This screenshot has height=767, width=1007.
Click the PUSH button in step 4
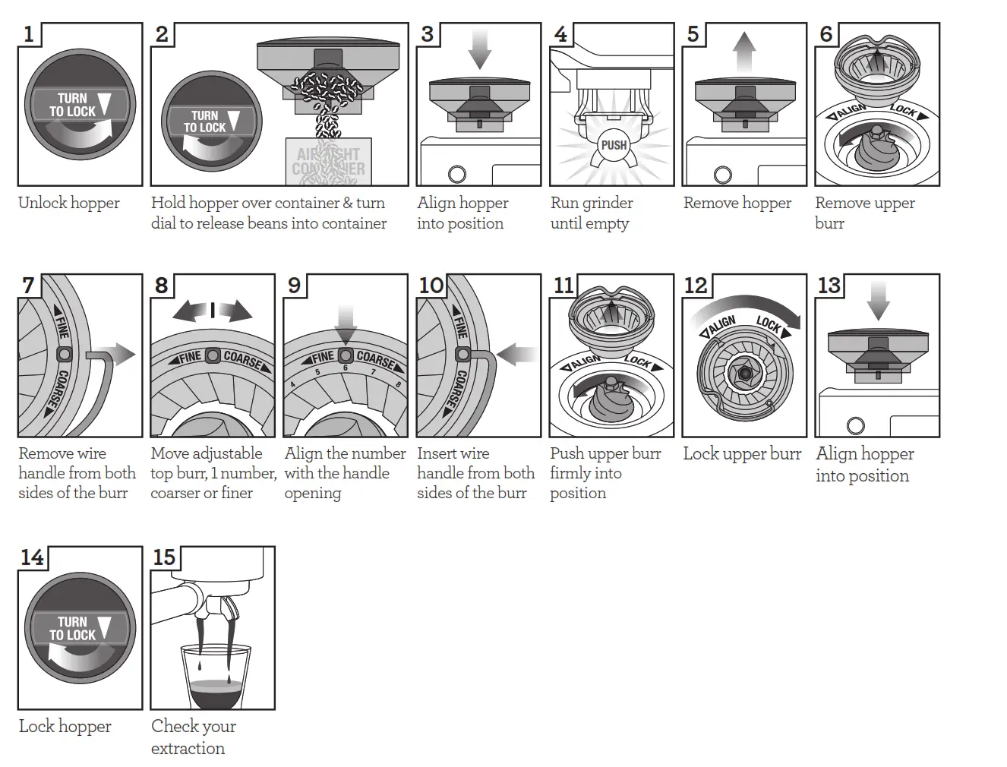tap(614, 145)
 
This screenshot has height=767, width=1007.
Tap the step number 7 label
tap(28, 286)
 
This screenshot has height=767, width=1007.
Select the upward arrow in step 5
tap(745, 51)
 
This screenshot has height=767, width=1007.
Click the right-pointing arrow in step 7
tap(121, 354)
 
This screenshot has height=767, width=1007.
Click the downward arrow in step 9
tap(346, 323)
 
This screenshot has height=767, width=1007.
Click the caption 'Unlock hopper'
tap(69, 204)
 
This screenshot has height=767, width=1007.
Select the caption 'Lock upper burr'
tap(742, 454)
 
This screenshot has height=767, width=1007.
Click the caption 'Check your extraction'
tap(193, 737)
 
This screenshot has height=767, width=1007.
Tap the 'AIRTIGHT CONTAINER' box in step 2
tap(329, 161)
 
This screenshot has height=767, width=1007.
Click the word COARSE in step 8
tap(244, 360)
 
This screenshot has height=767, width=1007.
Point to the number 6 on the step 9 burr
tap(346, 368)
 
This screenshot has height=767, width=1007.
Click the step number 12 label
tap(696, 286)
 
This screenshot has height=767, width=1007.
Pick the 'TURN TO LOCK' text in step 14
tap(73, 628)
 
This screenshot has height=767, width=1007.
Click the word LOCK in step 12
tap(769, 324)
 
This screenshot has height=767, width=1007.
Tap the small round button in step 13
tap(855, 425)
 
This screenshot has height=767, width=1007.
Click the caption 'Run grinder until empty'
tap(592, 213)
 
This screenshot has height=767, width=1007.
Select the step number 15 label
tap(164, 557)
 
